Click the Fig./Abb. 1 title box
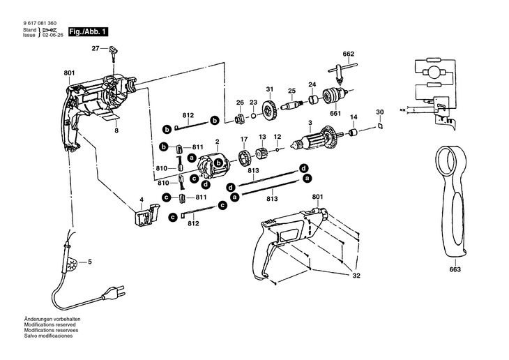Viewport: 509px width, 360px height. tap(87, 32)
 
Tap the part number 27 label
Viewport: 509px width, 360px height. tap(96, 48)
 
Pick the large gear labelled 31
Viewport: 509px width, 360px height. tap(270, 112)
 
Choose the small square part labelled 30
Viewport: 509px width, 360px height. tap(380, 126)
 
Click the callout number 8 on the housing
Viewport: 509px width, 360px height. tap(116, 130)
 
